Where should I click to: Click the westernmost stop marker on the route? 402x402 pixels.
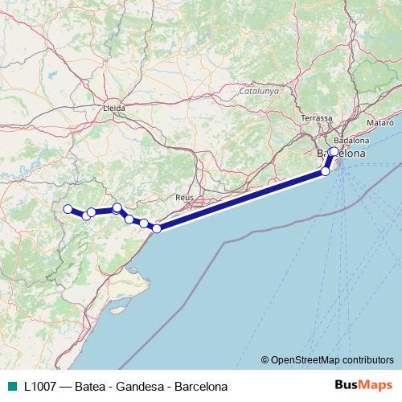(x=68, y=209)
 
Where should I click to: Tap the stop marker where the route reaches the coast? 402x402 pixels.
(x=157, y=228)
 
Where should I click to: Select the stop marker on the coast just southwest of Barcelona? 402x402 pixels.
(x=326, y=171)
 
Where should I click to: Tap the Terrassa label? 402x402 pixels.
(x=316, y=118)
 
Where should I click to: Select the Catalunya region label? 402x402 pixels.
(x=258, y=92)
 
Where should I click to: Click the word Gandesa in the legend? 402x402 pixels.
(x=139, y=386)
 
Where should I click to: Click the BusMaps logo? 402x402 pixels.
(x=363, y=385)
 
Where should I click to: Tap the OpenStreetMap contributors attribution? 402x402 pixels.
(x=332, y=359)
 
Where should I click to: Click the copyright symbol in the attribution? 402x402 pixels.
(x=265, y=359)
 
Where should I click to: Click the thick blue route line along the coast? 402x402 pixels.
(x=241, y=199)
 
